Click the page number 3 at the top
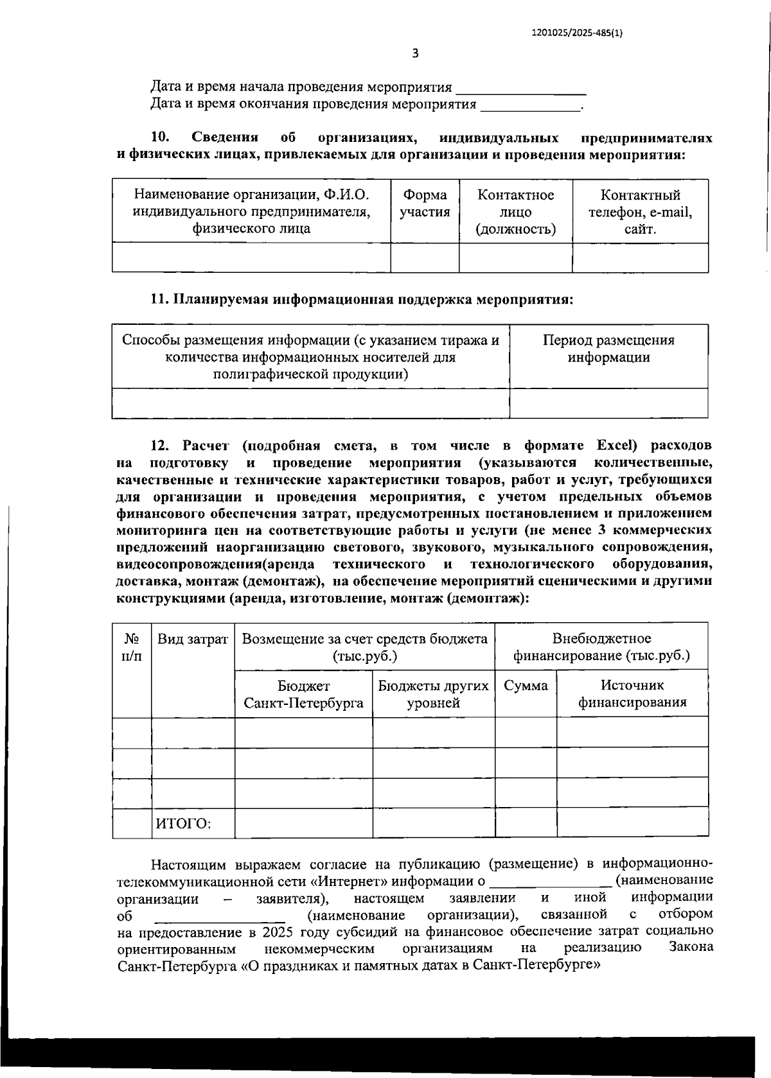pyautogui.click(x=415, y=54)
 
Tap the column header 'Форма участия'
pyautogui.click(x=425, y=204)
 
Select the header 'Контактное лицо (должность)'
pyautogui.click(x=515, y=211)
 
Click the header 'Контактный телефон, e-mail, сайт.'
pyautogui.click(x=640, y=211)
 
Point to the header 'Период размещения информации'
pyautogui.click(x=608, y=349)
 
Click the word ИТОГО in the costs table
pyautogui.click(x=184, y=823)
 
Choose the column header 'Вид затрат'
pyautogui.click(x=193, y=639)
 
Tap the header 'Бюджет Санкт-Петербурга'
pyautogui.click(x=303, y=694)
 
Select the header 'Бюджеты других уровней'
pyautogui.click(x=434, y=694)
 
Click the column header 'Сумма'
pyautogui.click(x=526, y=686)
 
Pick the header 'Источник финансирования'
pyautogui.click(x=632, y=694)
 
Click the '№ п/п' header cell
pyautogui.click(x=132, y=647)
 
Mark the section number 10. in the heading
pyautogui.click(x=159, y=137)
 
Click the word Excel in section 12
pyautogui.click(x=615, y=446)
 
